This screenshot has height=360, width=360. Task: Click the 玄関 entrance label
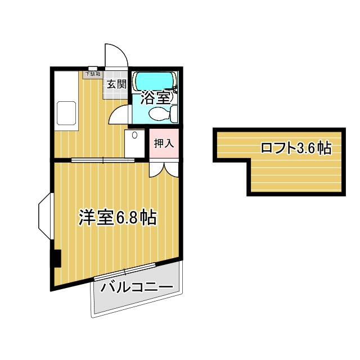[117, 84]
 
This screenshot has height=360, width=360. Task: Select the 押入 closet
[164, 143]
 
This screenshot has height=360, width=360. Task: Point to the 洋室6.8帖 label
[117, 218]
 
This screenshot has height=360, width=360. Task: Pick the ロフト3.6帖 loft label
[295, 148]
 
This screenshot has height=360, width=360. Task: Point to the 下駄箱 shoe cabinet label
[93, 74]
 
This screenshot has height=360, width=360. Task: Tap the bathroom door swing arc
[118, 114]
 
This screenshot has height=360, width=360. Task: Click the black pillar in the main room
[56, 259]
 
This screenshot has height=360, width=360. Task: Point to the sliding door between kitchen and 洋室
[103, 160]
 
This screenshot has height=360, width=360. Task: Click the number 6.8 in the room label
[128, 218]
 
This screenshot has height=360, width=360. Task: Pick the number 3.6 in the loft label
[306, 148]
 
